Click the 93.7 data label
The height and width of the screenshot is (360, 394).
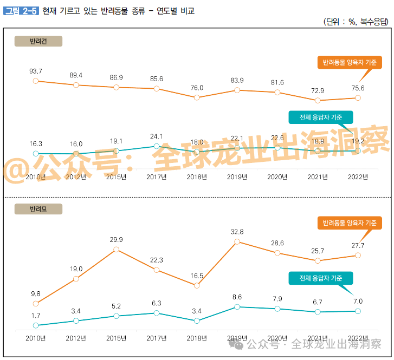(x=36, y=71)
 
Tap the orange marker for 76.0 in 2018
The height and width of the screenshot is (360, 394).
(x=197, y=97)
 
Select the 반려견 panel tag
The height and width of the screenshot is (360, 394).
(x=38, y=41)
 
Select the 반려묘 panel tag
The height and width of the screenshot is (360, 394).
(x=38, y=208)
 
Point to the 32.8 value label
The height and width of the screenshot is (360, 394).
(x=237, y=232)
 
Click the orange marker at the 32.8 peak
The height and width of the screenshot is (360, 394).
(x=237, y=242)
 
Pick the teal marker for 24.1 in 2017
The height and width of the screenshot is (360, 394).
(x=156, y=146)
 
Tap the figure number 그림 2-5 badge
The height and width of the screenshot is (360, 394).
(x=21, y=10)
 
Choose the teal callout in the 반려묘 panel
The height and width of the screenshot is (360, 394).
(x=320, y=278)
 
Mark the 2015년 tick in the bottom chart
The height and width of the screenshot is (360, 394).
(x=116, y=338)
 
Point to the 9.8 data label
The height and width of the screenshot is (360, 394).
(x=36, y=294)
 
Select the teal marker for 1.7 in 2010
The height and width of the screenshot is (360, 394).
(x=36, y=325)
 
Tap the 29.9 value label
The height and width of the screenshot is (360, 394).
(x=116, y=239)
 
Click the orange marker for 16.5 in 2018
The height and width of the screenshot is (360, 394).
(x=197, y=285)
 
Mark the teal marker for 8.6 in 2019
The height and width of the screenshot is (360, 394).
(x=237, y=307)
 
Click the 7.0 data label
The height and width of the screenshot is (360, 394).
(x=358, y=301)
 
